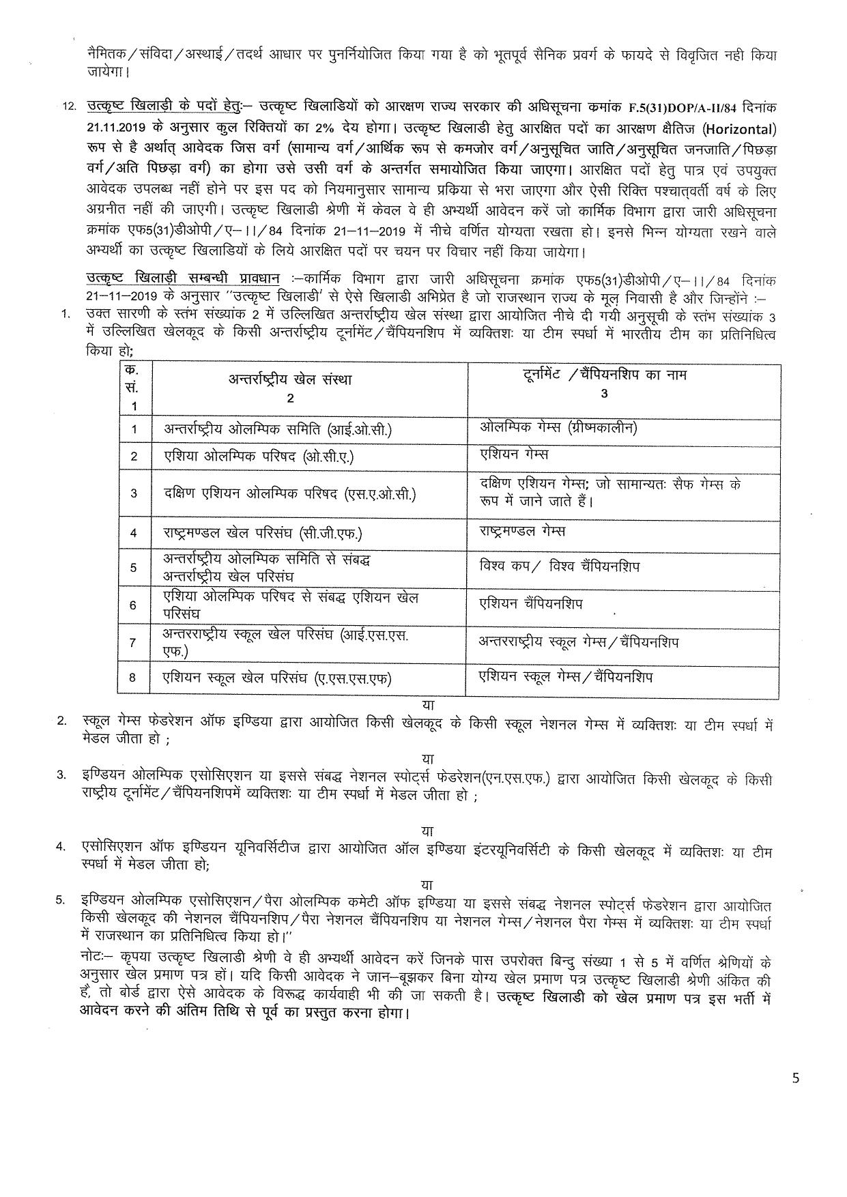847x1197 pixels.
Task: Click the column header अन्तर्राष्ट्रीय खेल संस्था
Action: coord(290,379)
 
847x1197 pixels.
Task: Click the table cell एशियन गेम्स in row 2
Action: coord(514,454)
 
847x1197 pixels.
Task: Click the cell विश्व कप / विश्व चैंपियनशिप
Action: coord(560,566)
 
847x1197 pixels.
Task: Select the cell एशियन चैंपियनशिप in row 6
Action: coord(531,604)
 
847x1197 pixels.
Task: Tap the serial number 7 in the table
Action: coord(133,642)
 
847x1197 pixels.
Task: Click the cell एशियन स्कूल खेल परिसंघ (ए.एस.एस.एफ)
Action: coord(276,678)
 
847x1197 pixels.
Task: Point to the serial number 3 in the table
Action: coord(133,493)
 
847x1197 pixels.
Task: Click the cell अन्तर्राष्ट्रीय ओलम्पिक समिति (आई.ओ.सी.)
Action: coord(278,429)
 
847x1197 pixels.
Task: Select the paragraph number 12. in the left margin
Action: coord(68,108)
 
